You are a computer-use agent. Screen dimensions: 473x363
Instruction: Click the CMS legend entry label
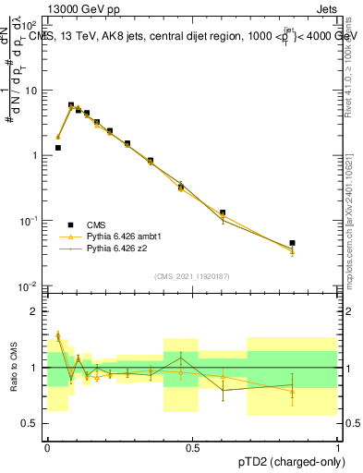click(x=96, y=224)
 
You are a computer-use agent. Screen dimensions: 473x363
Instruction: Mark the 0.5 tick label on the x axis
click(x=192, y=446)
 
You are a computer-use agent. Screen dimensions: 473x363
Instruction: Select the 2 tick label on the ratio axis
click(x=36, y=311)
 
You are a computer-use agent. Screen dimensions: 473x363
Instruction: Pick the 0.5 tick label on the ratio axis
click(x=32, y=423)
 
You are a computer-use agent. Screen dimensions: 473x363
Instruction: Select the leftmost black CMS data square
click(x=57, y=148)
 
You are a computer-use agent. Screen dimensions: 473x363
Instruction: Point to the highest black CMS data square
click(x=71, y=105)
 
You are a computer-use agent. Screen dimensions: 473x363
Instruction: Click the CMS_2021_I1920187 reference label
click(x=192, y=275)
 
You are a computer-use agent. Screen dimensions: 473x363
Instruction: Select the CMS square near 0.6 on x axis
click(x=223, y=212)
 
